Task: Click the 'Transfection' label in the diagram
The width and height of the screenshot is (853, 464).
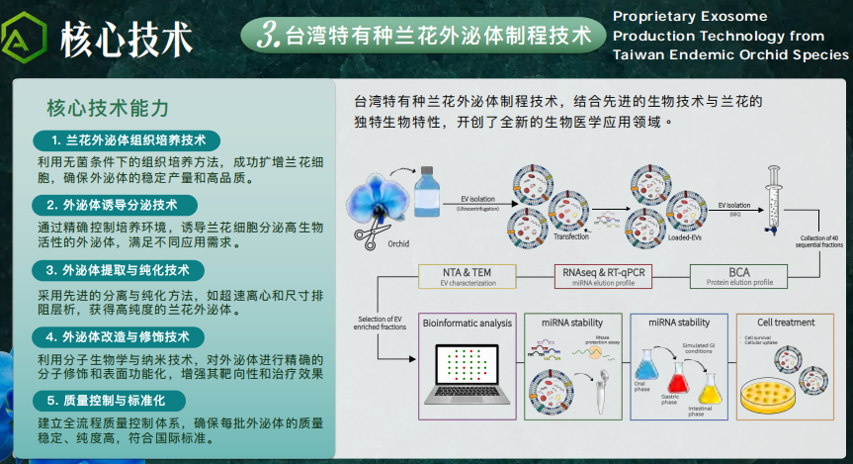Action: coord(571,237)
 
